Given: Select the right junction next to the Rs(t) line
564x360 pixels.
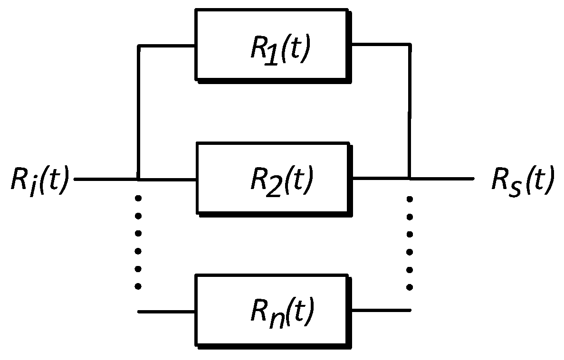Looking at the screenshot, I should (x=410, y=179).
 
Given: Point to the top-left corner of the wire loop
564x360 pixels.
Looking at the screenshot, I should (x=138, y=46).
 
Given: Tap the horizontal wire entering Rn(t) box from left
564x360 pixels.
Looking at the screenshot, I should (x=166, y=312).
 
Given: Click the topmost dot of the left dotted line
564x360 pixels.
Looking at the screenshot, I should (x=138, y=198).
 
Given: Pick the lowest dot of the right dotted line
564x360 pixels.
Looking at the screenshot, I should (x=410, y=287).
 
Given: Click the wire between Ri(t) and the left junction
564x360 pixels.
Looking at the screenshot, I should (x=105, y=180).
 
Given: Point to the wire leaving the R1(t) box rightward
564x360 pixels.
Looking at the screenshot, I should (x=380, y=44).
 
